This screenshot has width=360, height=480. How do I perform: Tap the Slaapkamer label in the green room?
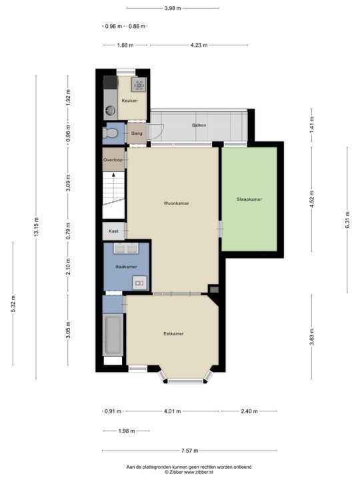249,199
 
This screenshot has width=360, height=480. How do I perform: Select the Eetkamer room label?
173,333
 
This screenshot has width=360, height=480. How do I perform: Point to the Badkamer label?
126,267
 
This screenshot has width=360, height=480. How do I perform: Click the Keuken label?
129,101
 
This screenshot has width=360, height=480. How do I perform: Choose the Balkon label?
199,125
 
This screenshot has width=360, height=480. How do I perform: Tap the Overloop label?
113,160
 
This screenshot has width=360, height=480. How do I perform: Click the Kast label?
113,231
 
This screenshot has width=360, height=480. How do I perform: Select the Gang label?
137,133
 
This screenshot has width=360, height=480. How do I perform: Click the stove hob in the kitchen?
139,85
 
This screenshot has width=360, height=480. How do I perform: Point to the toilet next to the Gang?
111,133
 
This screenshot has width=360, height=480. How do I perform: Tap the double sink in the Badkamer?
126,249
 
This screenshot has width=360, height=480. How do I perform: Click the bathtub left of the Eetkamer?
113,336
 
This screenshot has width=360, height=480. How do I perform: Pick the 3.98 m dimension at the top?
173,8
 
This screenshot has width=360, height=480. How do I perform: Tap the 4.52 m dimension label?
311,199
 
